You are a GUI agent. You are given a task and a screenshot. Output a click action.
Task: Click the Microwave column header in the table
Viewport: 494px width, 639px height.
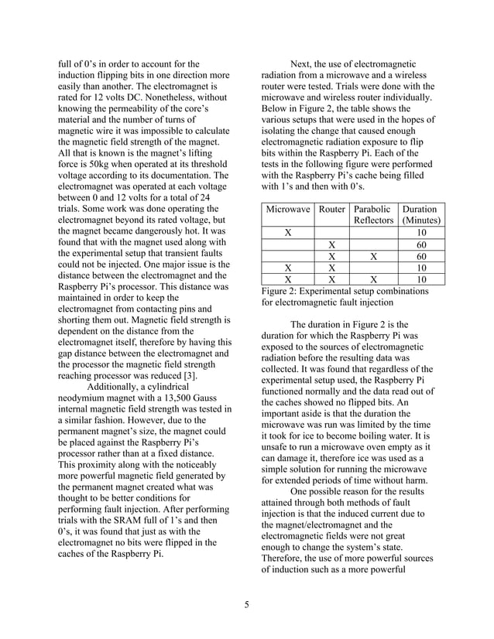click(289, 209)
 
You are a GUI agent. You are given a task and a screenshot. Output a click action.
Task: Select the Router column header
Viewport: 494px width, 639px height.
click(332, 209)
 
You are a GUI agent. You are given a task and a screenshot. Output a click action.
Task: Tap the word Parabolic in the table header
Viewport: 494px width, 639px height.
click(372, 209)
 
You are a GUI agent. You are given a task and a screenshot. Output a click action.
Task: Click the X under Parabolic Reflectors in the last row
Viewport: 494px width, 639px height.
click(373, 280)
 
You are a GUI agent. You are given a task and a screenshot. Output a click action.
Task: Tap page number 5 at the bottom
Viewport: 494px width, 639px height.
click(246, 604)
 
